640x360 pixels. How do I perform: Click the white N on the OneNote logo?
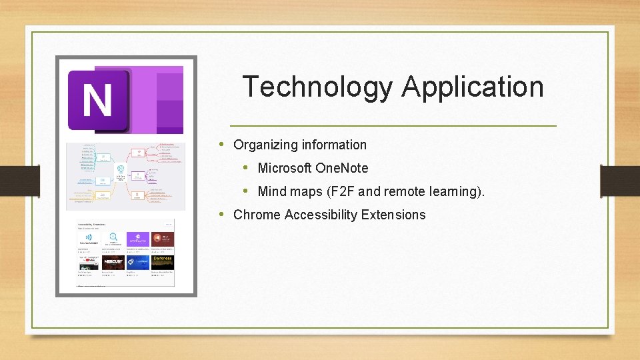97,101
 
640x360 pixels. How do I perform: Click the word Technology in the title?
317,87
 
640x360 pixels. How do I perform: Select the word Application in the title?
473,87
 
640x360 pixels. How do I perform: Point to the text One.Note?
341,168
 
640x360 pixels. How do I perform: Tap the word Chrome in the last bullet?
257,215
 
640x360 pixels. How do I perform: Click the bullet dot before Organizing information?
221,145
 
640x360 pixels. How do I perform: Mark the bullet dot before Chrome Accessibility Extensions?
221,215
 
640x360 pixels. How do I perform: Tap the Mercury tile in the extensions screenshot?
113,262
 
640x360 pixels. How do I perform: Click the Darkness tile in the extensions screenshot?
162,261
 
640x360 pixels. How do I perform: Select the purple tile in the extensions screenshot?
138,239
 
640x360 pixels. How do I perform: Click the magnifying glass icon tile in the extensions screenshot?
113,239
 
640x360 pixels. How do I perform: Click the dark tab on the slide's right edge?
619,180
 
